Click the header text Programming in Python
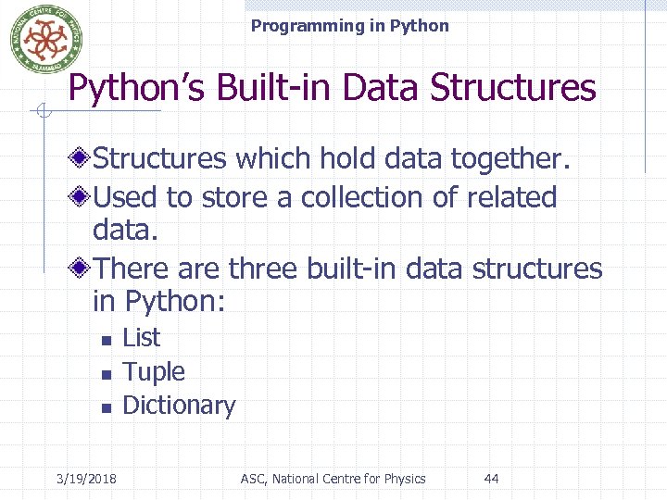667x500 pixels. [x=349, y=26]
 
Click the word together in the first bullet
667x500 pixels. [x=519, y=159]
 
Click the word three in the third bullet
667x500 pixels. [x=263, y=269]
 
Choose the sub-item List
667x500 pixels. [x=141, y=338]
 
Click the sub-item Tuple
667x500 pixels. [x=154, y=372]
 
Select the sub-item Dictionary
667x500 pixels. [x=179, y=406]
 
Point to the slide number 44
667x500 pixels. [x=491, y=479]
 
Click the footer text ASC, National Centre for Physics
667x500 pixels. [x=333, y=479]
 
